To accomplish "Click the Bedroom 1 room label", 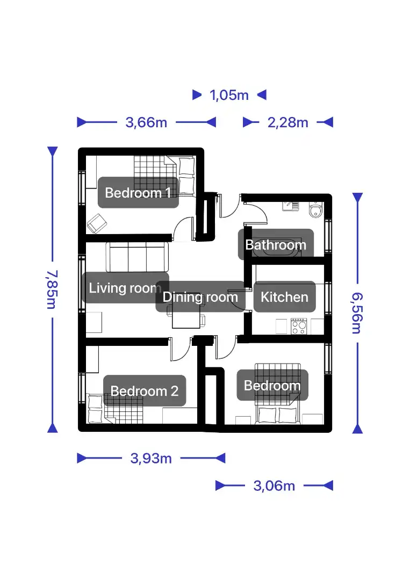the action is click(x=138, y=192).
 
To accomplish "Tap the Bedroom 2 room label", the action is click(x=145, y=390).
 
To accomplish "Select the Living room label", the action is click(x=125, y=288).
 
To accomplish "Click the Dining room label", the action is click(x=200, y=296).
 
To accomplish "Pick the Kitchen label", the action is click(x=285, y=296).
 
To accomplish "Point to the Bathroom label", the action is click(x=276, y=244).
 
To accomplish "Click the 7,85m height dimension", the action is click(x=52, y=289).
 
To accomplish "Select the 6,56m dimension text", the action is click(x=357, y=313).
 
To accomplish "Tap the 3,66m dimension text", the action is click(x=146, y=122).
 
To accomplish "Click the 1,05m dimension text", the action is click(x=229, y=95).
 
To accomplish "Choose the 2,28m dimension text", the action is click(x=288, y=122).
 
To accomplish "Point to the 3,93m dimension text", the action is click(x=151, y=458).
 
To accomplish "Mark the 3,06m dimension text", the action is click(x=274, y=485).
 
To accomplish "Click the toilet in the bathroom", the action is click(x=315, y=210).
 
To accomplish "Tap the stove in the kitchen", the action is click(x=299, y=327).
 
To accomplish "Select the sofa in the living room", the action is click(x=137, y=257).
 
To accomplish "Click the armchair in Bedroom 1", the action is click(x=97, y=223).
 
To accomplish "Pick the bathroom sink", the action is click(x=291, y=206).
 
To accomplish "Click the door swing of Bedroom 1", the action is click(x=183, y=229).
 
